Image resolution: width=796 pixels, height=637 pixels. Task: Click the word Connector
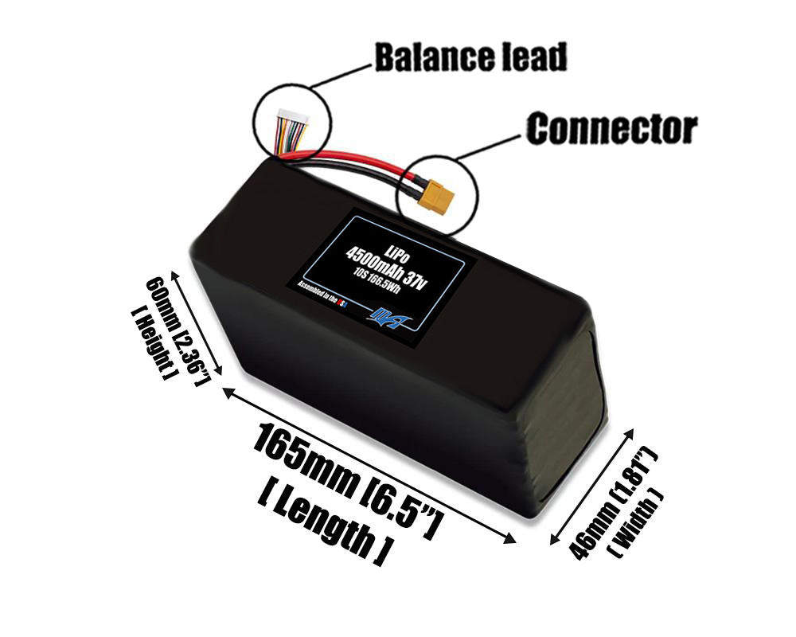[x=611, y=128]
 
